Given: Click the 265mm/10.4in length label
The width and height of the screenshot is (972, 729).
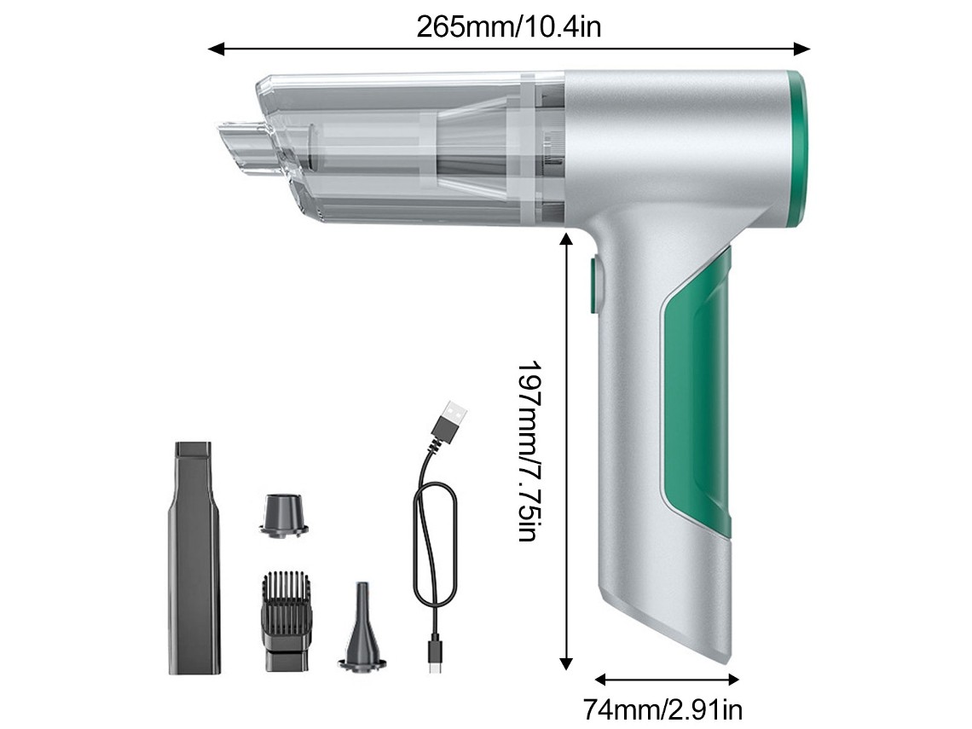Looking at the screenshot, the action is [x=508, y=27].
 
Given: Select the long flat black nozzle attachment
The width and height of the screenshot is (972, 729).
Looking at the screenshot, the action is [x=194, y=558].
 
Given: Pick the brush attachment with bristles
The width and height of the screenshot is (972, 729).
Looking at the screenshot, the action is [x=286, y=621].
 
